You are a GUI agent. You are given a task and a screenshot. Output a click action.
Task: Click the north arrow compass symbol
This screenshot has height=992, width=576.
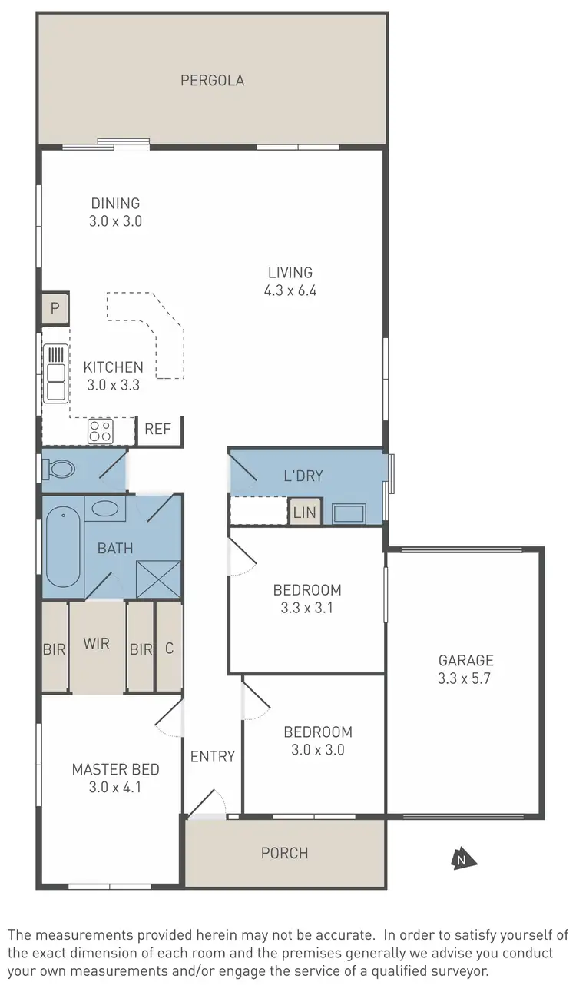point(461,859)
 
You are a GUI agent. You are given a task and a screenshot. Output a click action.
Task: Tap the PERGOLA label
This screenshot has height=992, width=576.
point(212,80)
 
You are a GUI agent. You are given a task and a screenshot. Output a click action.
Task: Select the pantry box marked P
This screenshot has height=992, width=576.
point(55,308)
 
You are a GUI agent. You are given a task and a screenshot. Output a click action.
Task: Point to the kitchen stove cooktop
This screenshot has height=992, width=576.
point(101,431)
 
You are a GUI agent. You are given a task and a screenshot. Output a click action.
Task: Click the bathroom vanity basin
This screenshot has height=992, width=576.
point(106,508)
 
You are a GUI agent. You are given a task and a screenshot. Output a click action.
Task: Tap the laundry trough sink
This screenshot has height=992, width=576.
point(350,513)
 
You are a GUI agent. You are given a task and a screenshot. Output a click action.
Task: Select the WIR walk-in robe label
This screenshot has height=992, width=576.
point(97,644)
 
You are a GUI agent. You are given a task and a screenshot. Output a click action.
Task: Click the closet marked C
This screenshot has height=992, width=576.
point(169,648)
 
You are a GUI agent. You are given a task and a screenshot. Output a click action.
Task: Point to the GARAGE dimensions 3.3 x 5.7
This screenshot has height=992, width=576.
point(465,677)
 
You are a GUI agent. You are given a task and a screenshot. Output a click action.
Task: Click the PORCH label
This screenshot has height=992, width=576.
point(284,853)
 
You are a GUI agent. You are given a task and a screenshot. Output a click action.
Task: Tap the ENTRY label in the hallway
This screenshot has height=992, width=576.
point(213,756)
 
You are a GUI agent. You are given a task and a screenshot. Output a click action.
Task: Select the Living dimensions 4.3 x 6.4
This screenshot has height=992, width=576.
point(290,290)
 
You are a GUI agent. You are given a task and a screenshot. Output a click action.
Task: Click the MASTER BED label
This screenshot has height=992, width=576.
point(116,769)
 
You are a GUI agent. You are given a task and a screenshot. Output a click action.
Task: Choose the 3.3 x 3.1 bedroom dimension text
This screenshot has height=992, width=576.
point(307,608)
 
